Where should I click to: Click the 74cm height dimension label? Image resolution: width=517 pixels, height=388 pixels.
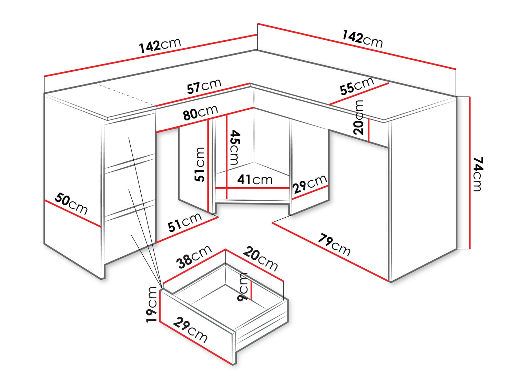coord(478,174)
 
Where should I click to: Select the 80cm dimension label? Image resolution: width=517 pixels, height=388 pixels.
coord(201,112)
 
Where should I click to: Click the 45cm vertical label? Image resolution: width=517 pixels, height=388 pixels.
coord(235,147)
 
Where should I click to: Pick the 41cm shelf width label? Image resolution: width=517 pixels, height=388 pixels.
coord(255,179)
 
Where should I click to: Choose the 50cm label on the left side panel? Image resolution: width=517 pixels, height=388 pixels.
coord(71,203)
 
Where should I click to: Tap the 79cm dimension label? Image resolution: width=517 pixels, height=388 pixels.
coord(334,245)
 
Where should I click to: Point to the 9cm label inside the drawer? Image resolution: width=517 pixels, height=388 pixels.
coord(242,287)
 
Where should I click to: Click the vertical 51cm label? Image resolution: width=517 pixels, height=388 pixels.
coord(199,164)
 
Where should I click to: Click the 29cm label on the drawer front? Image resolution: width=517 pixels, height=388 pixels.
coord(190,330)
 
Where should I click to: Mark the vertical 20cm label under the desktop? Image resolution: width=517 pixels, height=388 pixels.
coord(358,117)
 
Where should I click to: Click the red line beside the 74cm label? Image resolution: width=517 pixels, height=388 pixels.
coord(470,173)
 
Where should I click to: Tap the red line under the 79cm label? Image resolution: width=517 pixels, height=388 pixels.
coord(330,252)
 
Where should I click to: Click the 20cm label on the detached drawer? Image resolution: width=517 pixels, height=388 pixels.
coord(261,258)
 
